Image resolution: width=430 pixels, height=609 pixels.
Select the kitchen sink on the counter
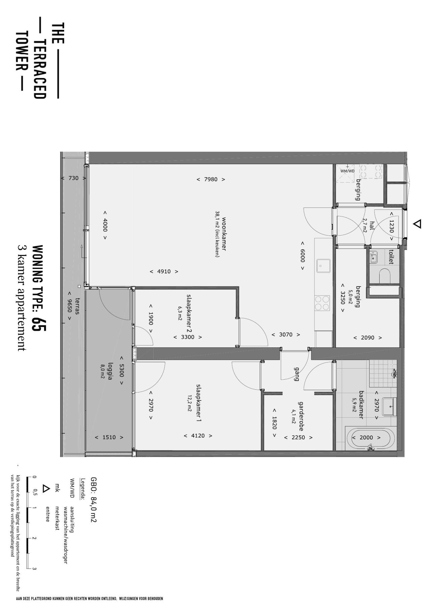(x=323, y=266)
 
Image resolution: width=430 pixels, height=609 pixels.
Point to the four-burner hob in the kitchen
(x=322, y=303)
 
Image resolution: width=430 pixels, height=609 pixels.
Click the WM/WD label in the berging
(x=347, y=171)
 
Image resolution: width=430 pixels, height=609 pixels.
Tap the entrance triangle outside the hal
(x=417, y=224)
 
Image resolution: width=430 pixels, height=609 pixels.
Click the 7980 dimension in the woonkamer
(x=211, y=179)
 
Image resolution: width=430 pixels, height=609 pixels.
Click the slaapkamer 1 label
(x=199, y=403)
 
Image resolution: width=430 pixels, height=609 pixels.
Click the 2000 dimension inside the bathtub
(x=366, y=437)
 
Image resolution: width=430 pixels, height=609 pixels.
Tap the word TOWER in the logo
(x=21, y=51)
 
